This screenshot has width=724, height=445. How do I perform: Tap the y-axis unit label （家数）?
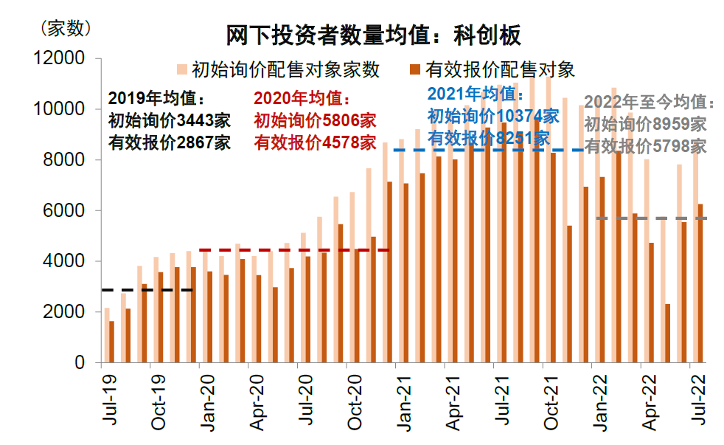coord(64,29)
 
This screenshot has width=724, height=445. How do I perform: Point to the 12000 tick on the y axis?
coord(65,58)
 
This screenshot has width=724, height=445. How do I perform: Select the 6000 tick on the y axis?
coord(69,211)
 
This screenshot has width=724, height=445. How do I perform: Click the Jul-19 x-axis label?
coord(109,399)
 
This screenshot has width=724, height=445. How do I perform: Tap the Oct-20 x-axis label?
coord(355,399)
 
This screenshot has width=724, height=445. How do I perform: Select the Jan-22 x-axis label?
coord(599,399)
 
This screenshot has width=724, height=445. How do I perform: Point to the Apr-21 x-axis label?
coord(453,399)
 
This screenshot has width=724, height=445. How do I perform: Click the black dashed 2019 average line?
coord(147,290)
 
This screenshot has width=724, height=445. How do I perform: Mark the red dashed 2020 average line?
coord(294,250)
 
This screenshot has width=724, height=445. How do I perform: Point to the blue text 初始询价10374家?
coord(493,116)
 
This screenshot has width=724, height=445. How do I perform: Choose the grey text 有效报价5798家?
coord(645,146)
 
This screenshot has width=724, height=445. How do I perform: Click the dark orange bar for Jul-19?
coord(111,342)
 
